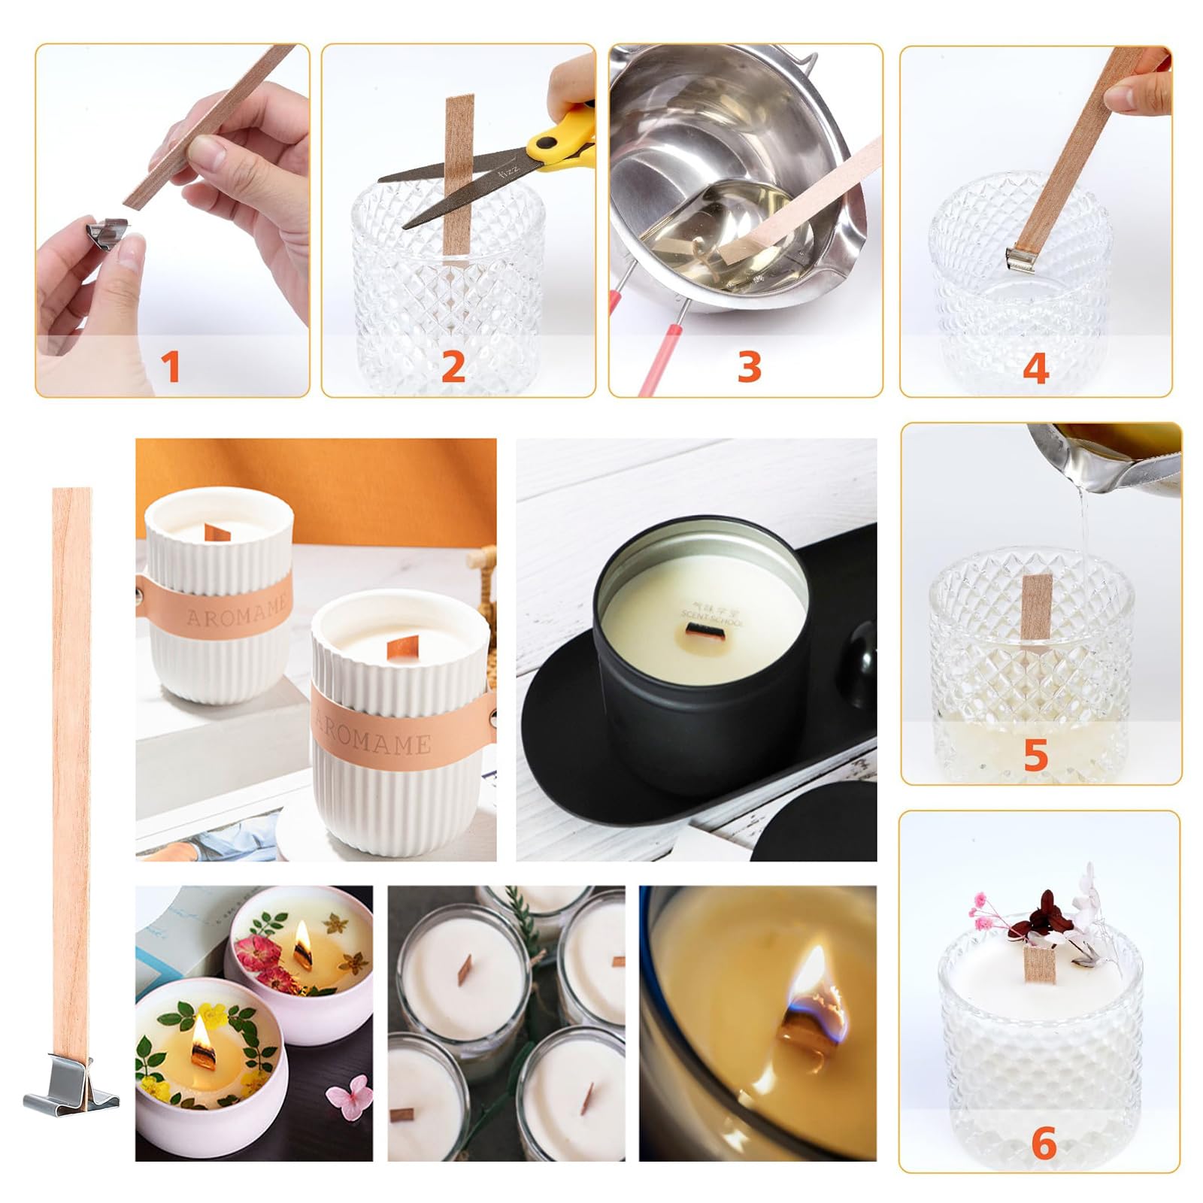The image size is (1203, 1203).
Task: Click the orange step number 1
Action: tap(171, 367)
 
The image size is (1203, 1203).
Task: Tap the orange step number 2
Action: tap(453, 367)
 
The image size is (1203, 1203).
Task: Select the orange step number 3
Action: tap(749, 367)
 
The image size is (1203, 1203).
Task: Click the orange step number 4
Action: tap(1035, 368)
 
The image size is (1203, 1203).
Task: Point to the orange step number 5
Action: tap(1035, 754)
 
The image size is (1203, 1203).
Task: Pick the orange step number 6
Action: tap(1044, 1144)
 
